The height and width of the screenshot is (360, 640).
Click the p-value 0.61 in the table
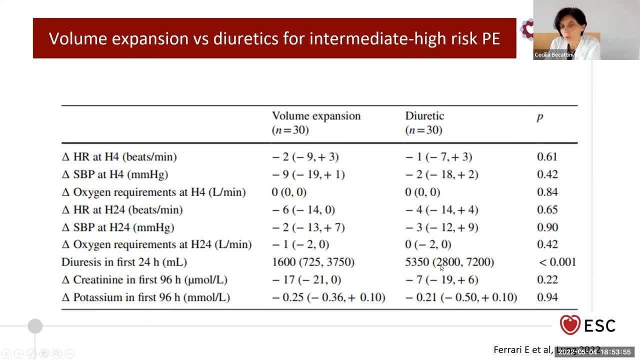(x=547, y=157)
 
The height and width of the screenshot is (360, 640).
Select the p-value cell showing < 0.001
(x=557, y=262)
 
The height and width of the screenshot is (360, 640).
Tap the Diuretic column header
(x=424, y=116)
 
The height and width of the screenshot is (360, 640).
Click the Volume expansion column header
(x=316, y=116)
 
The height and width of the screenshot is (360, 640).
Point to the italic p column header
(x=539, y=117)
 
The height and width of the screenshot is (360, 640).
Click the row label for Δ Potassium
(x=145, y=297)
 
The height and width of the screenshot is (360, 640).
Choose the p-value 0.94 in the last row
(x=547, y=297)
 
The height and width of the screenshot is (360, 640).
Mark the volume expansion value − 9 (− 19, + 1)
(x=308, y=174)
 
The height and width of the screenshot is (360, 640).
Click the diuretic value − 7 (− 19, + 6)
(x=441, y=280)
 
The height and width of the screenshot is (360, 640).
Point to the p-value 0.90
(x=547, y=227)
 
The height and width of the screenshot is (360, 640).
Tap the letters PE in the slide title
(x=491, y=38)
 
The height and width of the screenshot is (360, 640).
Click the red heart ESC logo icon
(x=570, y=325)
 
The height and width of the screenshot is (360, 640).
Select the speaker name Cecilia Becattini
(x=553, y=55)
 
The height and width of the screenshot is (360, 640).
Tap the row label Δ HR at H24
(x=121, y=210)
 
